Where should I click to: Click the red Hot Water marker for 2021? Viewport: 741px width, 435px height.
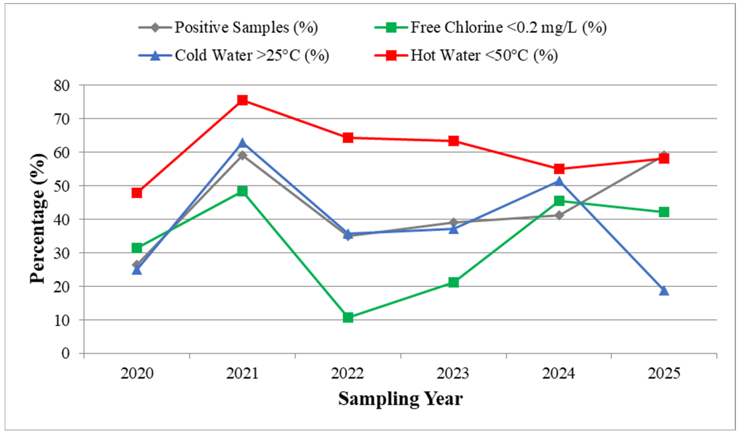(x=242, y=100)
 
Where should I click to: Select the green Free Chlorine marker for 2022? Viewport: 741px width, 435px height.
(x=348, y=317)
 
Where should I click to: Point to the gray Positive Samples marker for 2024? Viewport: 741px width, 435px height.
(x=559, y=215)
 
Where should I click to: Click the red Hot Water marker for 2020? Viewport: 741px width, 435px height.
(x=137, y=193)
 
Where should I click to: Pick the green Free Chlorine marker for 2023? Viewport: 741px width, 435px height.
(x=453, y=282)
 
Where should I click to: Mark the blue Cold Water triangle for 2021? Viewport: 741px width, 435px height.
(x=242, y=143)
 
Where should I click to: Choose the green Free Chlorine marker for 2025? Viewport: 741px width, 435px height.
(x=664, y=212)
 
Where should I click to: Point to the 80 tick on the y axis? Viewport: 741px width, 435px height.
(x=62, y=85)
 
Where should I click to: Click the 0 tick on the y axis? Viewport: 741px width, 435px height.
(x=65, y=353)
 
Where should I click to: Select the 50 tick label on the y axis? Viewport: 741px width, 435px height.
(x=62, y=186)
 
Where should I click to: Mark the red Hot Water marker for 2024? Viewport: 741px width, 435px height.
(x=559, y=169)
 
